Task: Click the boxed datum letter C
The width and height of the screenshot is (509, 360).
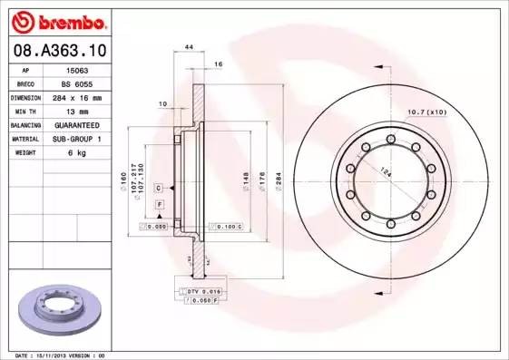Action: point(159,187)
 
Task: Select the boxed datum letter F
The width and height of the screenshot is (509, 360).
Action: point(160,206)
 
